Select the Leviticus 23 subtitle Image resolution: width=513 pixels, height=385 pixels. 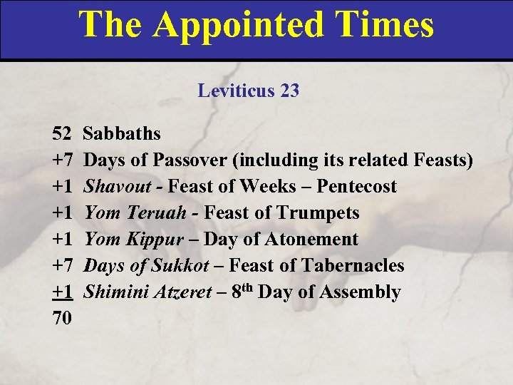pos(249,91)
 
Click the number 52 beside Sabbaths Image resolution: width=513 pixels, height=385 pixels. pos(62,133)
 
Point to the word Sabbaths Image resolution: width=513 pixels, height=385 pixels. pos(122,133)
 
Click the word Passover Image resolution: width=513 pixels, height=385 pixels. pos(192,160)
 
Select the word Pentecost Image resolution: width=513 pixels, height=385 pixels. pos(357,186)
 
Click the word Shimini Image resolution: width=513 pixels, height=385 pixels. pos(112,292)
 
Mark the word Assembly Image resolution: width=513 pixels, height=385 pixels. pos(361,292)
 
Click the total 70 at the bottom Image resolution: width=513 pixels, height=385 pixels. pos(62,319)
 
